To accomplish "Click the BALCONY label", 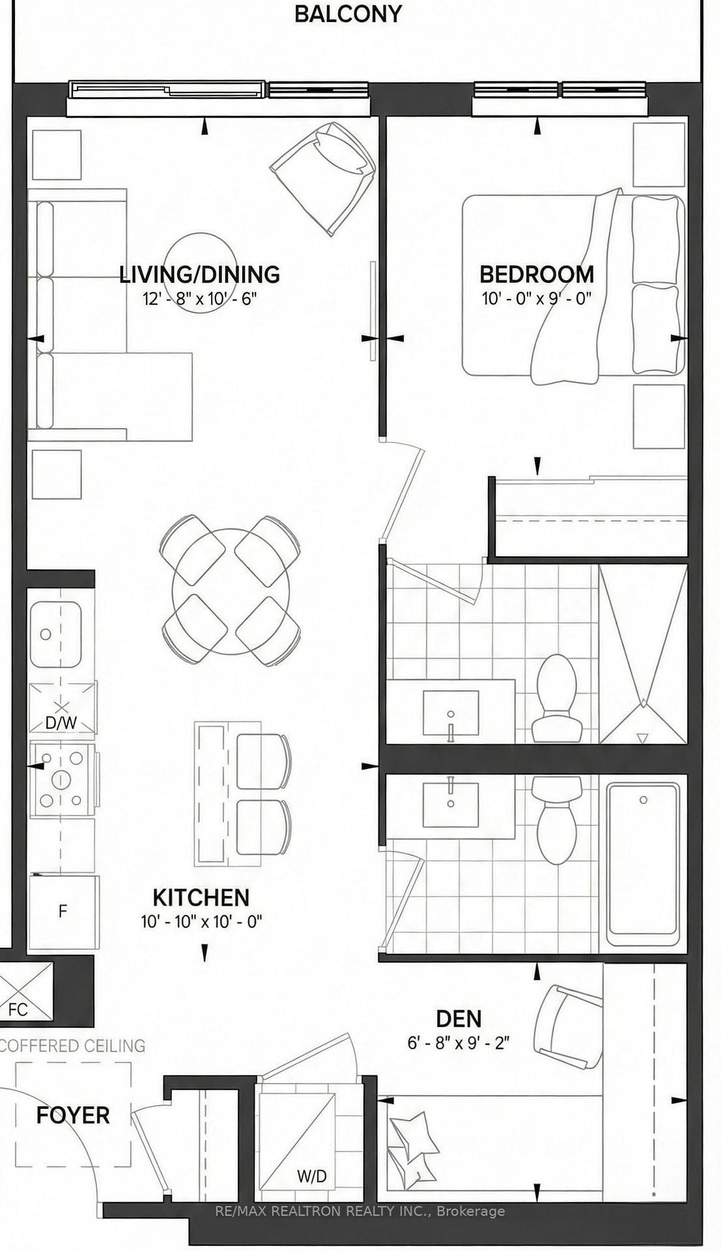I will tap(348, 14).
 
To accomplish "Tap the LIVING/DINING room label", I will tap(199, 274).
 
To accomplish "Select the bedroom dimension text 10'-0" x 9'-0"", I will tap(536, 299).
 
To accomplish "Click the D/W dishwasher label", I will tap(61, 723).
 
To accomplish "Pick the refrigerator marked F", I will tap(63, 911).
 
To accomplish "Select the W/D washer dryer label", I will tap(311, 1177).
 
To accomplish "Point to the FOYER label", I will tap(73, 1115).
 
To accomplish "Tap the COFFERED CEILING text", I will tap(73, 1046).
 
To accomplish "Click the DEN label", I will tap(459, 1018).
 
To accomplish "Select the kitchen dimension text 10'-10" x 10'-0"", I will tap(201, 922).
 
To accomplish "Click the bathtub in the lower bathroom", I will tap(643, 863).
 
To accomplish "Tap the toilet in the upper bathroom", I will tap(557, 697).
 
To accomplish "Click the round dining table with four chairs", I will tap(231, 591).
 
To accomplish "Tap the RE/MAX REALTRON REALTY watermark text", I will tap(360, 1211).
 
